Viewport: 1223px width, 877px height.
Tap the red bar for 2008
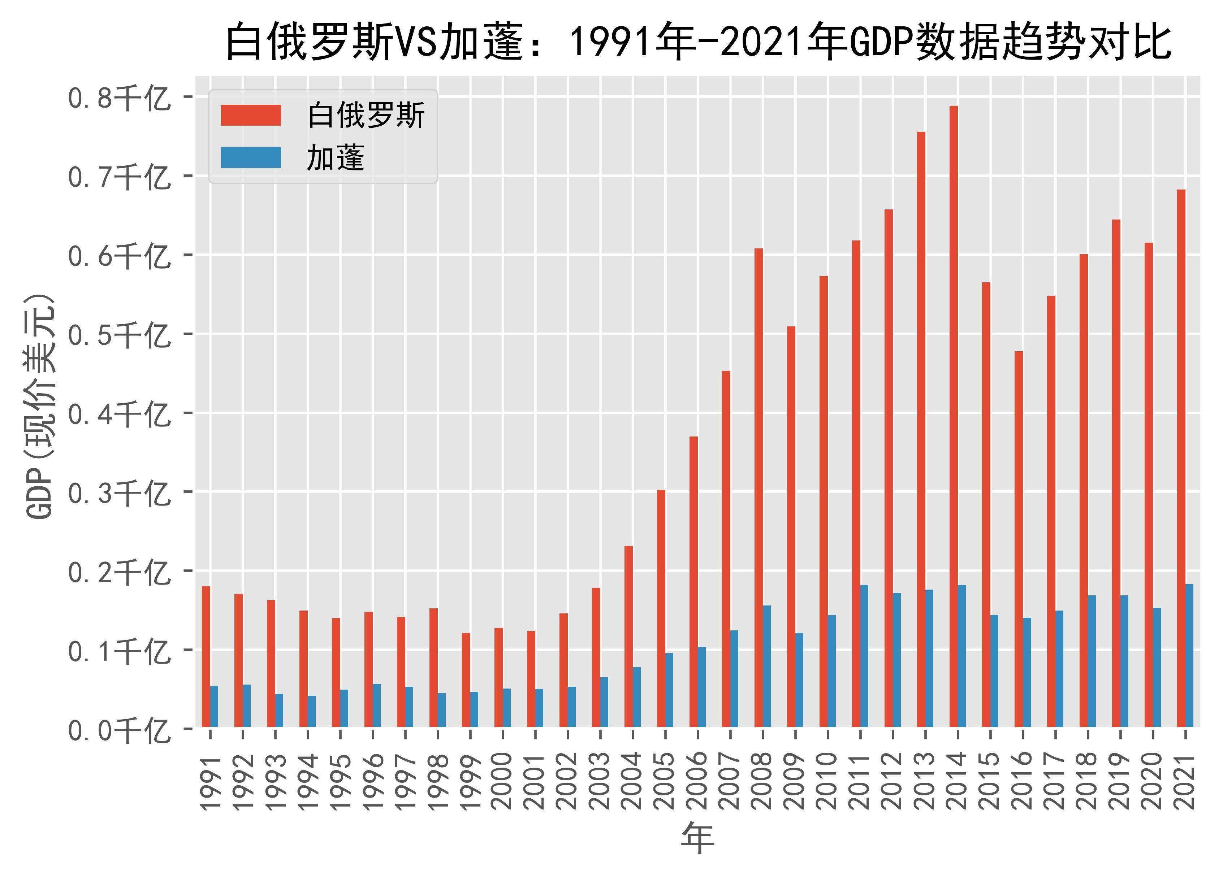tap(758, 487)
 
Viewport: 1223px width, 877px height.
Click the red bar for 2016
tap(1018, 539)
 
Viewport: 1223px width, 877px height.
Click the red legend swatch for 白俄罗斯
tap(251, 115)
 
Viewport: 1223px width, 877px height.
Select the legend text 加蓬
tap(336, 159)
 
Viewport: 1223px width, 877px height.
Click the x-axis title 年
tap(697, 839)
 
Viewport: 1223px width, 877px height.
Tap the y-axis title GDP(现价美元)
tap(40, 407)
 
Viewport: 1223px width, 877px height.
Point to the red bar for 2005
tap(661, 609)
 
